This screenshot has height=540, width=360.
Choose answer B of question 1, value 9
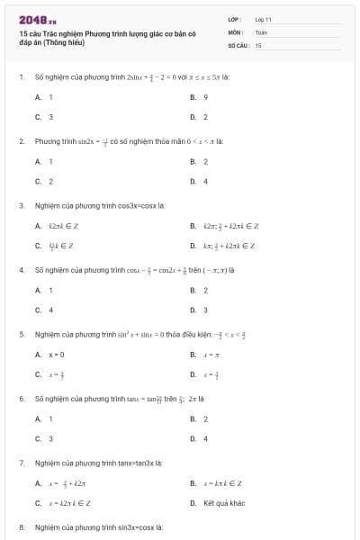tap(206, 96)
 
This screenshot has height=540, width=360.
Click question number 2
tap(21, 141)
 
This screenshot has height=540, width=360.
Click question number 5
tap(21, 334)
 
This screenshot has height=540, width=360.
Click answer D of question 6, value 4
tap(206, 438)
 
